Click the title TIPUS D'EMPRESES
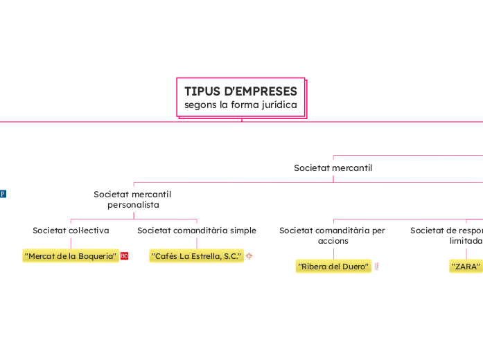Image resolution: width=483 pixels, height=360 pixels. (240, 91)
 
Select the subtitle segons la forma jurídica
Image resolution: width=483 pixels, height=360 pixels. (240, 105)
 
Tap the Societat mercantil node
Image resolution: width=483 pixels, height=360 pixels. (333, 168)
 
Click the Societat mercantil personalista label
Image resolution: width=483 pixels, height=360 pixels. (132, 199)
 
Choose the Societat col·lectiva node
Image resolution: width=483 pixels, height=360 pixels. (71, 230)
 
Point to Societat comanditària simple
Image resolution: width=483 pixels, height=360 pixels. (197, 230)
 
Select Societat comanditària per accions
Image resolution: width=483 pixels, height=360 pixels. (333, 235)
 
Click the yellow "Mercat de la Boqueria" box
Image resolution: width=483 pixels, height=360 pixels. (71, 256)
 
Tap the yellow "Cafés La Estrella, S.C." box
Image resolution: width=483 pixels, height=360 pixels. (197, 256)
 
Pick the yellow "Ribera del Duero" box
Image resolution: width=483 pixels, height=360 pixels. (333, 267)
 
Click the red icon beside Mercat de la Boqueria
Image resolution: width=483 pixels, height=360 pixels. (125, 256)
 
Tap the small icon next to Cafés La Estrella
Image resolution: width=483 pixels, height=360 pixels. (249, 256)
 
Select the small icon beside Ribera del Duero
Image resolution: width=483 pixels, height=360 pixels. (376, 267)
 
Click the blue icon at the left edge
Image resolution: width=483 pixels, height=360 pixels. (2, 194)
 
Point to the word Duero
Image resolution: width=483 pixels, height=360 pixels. (355, 267)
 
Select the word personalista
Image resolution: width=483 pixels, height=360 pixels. (133, 205)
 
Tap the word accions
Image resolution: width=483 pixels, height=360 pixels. (333, 241)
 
